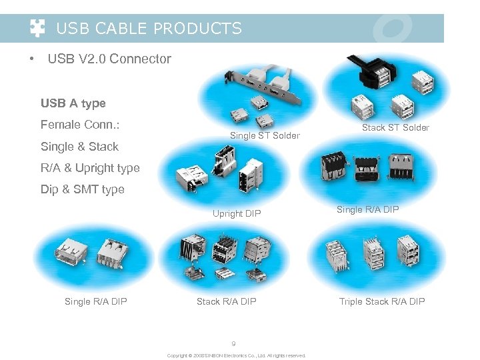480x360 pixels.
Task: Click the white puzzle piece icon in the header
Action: (x=38, y=28)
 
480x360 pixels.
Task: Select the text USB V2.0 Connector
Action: (x=109, y=59)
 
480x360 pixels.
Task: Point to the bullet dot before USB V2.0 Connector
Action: (x=31, y=59)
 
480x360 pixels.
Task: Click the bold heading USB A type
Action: (x=73, y=103)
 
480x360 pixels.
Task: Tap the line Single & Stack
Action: (x=79, y=147)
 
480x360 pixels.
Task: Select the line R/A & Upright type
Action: (x=90, y=168)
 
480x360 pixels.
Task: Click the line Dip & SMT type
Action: (x=82, y=189)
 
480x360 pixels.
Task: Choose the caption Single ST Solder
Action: (x=265, y=136)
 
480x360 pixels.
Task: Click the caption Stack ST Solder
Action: (x=395, y=127)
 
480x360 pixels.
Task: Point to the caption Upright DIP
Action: (x=237, y=214)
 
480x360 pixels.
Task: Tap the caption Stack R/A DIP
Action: (x=226, y=302)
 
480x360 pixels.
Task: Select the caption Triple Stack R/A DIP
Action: (x=382, y=302)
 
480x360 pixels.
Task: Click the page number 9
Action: (x=233, y=344)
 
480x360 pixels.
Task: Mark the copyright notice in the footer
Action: (x=236, y=356)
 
